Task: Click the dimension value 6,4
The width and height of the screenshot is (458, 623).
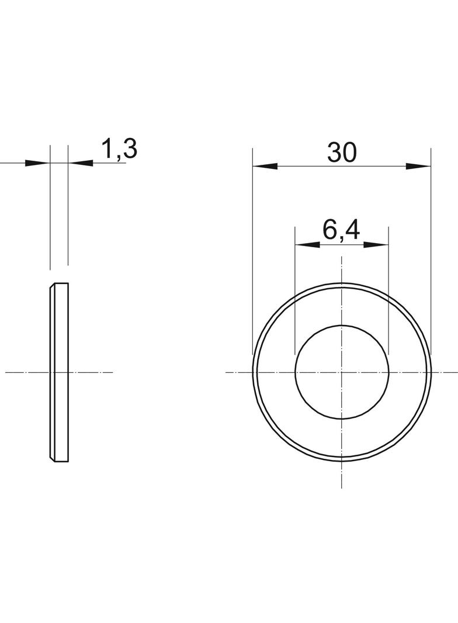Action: coord(341,230)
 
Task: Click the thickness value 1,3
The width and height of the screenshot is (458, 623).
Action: coord(119,150)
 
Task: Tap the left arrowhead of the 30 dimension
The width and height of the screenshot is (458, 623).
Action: coord(265,166)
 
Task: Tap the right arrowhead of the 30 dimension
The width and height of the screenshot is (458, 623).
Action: coord(418,166)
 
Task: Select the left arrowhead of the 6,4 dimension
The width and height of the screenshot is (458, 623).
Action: coord(307,245)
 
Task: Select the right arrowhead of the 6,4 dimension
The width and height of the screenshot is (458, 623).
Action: coord(376,245)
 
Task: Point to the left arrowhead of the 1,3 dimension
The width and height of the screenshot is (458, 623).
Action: coord(38,163)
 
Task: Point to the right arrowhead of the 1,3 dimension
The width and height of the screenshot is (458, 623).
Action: coord(81,163)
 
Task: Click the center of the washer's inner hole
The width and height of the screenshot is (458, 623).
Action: coord(342,372)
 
